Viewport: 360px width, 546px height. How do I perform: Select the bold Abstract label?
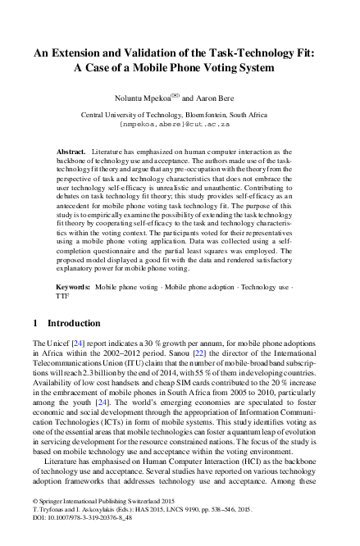tap(73, 153)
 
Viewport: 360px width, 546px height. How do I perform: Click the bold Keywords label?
tap(73, 289)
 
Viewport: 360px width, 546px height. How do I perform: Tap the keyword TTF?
tap(62, 299)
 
